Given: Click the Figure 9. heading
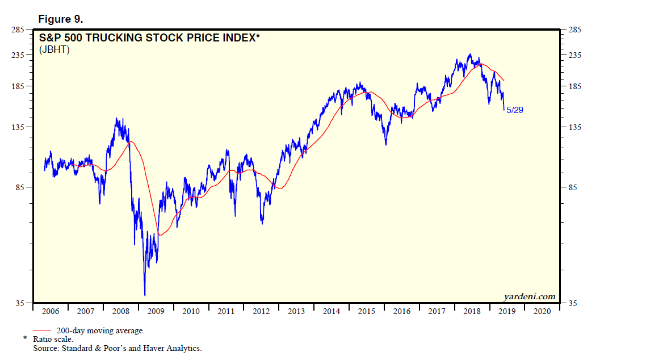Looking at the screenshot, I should (x=61, y=19).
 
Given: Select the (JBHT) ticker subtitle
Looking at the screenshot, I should (x=54, y=50).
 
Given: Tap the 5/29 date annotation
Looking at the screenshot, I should (x=514, y=110).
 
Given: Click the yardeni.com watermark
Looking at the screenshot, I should (x=529, y=296).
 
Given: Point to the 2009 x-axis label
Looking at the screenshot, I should (x=156, y=311).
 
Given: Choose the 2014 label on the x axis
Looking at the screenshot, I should (x=332, y=311).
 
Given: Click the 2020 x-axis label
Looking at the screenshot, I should (x=542, y=311).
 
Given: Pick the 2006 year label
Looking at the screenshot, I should (x=51, y=311).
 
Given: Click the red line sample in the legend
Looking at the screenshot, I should (x=43, y=330).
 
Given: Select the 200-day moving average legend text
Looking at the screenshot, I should (x=100, y=330).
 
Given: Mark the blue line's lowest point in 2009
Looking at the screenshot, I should (x=145, y=295).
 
